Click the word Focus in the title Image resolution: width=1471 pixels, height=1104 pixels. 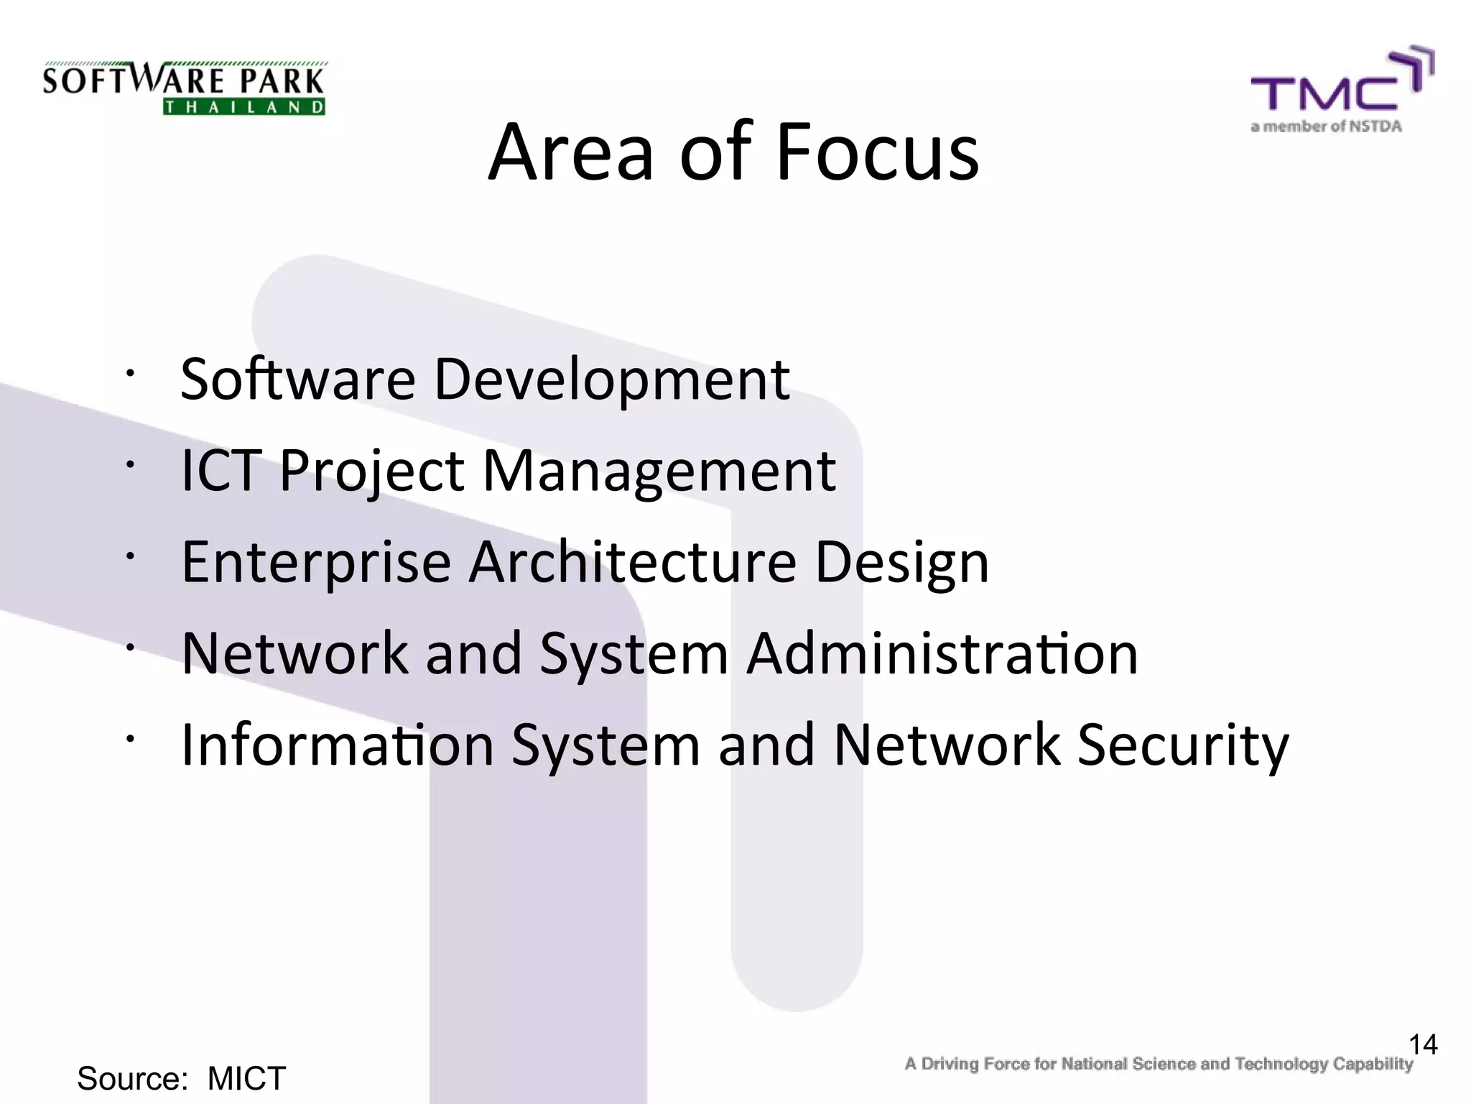pyautogui.click(x=877, y=153)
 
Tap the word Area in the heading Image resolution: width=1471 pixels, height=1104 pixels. pyautogui.click(x=571, y=153)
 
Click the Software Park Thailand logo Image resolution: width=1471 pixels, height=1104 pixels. pyautogui.click(x=184, y=88)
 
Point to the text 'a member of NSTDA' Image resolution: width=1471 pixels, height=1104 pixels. pyautogui.click(x=1326, y=127)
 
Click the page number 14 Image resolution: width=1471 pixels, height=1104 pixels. pyautogui.click(x=1423, y=1044)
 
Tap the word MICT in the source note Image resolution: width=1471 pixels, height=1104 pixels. pyautogui.click(x=246, y=1078)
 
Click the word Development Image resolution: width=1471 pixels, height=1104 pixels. pyautogui.click(x=612, y=380)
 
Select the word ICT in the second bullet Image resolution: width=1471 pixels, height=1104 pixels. pyautogui.click(x=221, y=471)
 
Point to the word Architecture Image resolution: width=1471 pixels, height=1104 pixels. pyautogui.click(x=633, y=562)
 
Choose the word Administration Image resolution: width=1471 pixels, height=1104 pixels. pyautogui.click(x=942, y=653)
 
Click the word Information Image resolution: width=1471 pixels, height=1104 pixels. pyautogui.click(x=338, y=745)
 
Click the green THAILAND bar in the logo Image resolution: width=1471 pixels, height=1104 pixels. pyautogui.click(x=244, y=108)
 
